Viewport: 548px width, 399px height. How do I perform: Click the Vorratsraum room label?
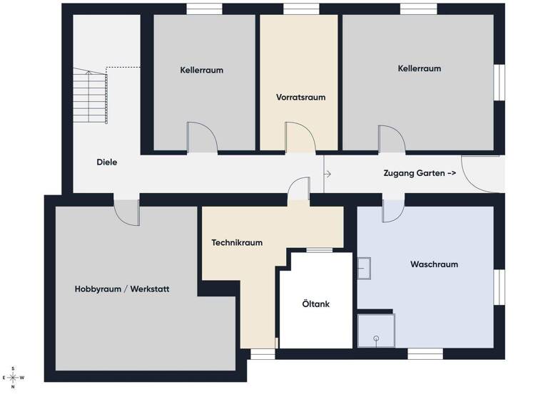pyautogui.click(x=300, y=97)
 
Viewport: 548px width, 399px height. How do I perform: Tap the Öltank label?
pyautogui.click(x=315, y=304)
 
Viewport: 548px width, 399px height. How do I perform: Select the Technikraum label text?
pyautogui.click(x=237, y=242)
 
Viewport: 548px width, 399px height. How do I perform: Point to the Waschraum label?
pyautogui.click(x=434, y=264)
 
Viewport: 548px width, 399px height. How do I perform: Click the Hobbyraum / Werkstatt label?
pyautogui.click(x=122, y=289)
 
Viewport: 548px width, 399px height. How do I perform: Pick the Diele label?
pyautogui.click(x=106, y=162)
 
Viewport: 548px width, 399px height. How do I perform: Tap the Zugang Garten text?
pyautogui.click(x=420, y=173)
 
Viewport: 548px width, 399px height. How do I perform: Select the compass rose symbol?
pyautogui.click(x=13, y=378)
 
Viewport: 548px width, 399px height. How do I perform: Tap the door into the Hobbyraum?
pyautogui.click(x=126, y=211)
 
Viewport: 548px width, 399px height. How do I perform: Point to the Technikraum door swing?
pyautogui.click(x=298, y=190)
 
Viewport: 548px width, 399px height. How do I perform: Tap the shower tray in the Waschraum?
pyautogui.click(x=375, y=329)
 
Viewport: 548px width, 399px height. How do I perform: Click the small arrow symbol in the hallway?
pyautogui.click(x=328, y=173)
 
